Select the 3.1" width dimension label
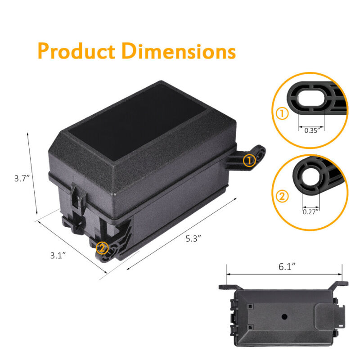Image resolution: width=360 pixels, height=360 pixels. [x=58, y=255]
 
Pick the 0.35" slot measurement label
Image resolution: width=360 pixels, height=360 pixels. [x=311, y=130]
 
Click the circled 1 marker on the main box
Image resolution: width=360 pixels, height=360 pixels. [x=249, y=160]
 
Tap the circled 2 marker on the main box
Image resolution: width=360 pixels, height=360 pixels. [x=103, y=247]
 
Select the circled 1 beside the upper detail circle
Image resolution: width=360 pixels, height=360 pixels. [x=282, y=113]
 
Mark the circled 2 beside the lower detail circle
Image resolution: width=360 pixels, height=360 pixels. [x=282, y=196]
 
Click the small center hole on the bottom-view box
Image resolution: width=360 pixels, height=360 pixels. [x=284, y=316]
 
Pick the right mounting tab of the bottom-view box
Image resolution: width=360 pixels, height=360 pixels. [x=339, y=283]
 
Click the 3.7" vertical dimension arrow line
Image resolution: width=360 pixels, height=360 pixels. [x=32, y=173]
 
